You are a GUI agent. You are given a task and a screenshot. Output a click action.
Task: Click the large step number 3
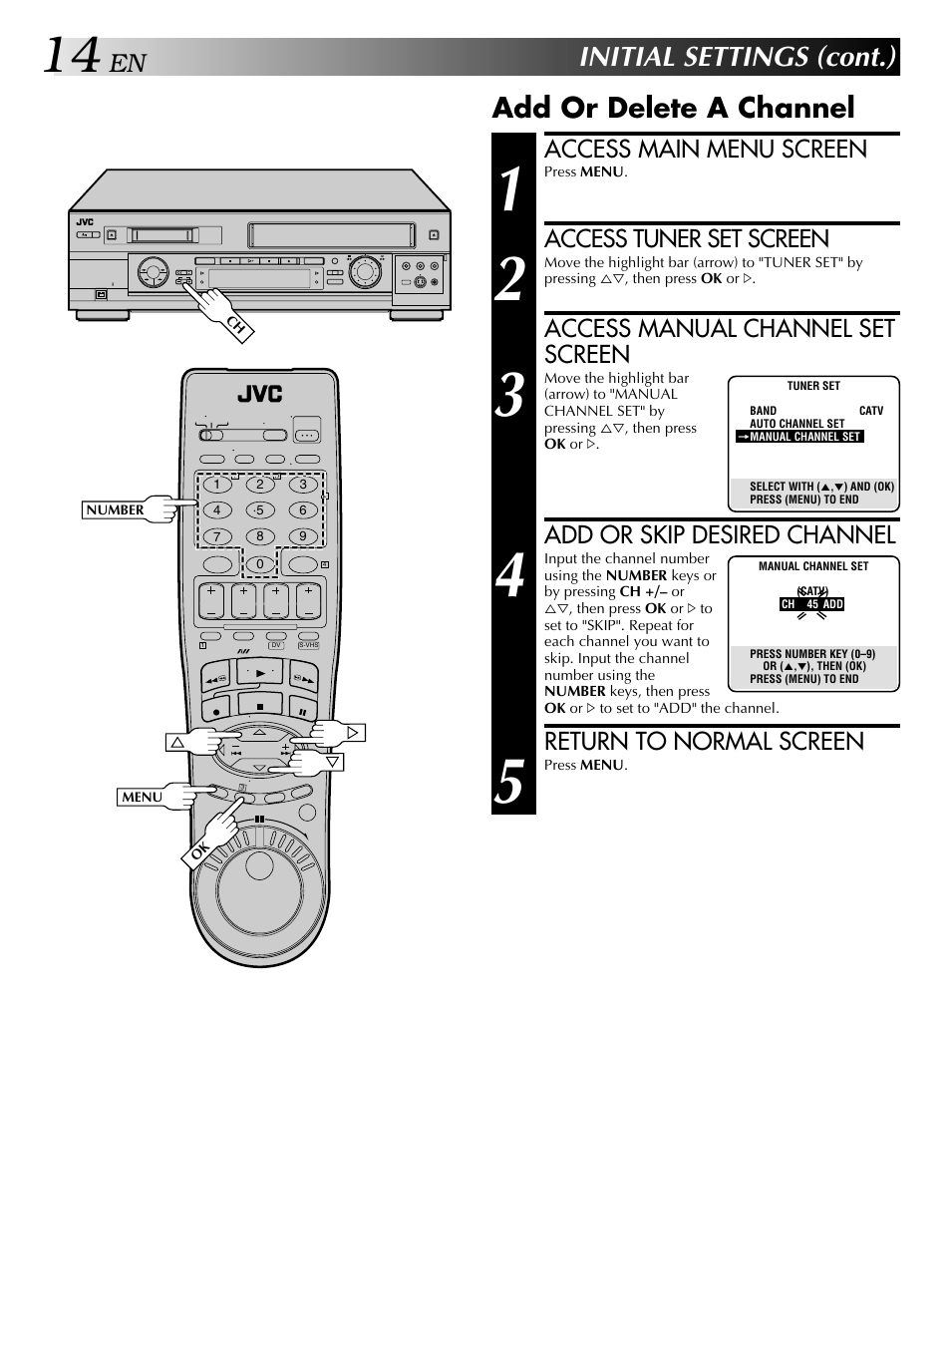(511, 396)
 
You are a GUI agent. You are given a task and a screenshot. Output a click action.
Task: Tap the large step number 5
(510, 782)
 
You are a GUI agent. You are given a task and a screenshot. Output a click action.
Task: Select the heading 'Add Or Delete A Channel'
(673, 108)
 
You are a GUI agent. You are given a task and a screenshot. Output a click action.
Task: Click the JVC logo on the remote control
(259, 395)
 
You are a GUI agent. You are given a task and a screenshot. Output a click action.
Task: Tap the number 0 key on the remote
(260, 563)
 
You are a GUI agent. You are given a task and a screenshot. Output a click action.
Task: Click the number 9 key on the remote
(303, 536)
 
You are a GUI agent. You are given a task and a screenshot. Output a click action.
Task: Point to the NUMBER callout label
(115, 510)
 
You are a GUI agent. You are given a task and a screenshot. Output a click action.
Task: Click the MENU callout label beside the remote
(142, 797)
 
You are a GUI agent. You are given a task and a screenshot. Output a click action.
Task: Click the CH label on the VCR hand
(236, 324)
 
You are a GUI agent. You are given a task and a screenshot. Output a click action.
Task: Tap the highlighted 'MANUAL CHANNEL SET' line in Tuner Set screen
(803, 437)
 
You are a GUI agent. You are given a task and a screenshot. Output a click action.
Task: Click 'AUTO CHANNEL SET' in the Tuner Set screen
(796, 424)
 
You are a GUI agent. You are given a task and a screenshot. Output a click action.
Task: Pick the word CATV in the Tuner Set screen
(870, 411)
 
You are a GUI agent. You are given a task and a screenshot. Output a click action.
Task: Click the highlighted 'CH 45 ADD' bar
(811, 604)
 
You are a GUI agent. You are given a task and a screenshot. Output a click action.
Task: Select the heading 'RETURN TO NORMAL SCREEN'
(704, 742)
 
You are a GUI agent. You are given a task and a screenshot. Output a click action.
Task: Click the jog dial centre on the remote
(259, 865)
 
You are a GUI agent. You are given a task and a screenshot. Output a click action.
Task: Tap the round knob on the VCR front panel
(366, 270)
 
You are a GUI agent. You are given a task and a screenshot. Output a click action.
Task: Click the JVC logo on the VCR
(86, 222)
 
